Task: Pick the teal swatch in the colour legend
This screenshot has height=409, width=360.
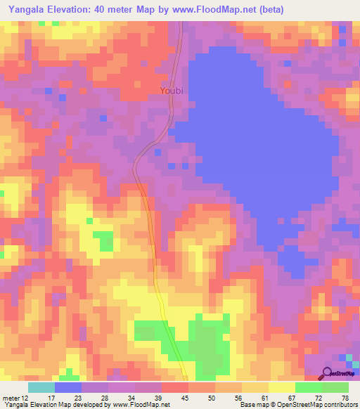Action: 41,387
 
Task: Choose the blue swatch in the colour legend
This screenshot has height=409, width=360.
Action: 68,387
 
